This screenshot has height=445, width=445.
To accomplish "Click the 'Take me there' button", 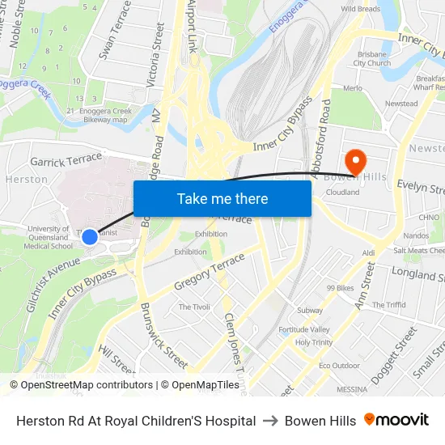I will (x=222, y=198).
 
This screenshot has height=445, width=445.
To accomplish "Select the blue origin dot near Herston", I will (x=90, y=236).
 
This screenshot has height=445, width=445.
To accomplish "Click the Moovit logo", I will (x=396, y=420).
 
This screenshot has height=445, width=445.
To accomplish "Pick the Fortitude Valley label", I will (x=304, y=329).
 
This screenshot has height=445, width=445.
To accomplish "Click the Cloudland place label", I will (x=342, y=193).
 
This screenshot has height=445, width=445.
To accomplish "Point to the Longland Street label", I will (x=417, y=274).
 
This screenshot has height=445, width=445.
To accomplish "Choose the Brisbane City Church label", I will (x=373, y=58).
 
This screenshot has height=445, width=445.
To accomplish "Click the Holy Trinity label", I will (x=314, y=342).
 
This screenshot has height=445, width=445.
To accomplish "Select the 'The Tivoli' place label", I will (x=194, y=307).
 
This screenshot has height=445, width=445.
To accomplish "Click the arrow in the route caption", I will (x=270, y=421).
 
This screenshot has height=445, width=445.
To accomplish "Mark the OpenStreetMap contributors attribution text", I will (x=82, y=385).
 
